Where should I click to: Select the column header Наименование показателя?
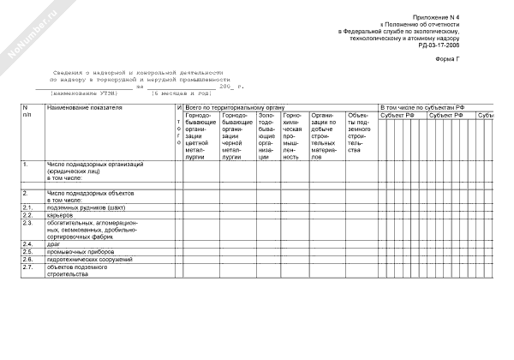coord(85,107)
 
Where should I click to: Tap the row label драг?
coord(54,244)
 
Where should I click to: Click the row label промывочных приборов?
coord(77,252)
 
